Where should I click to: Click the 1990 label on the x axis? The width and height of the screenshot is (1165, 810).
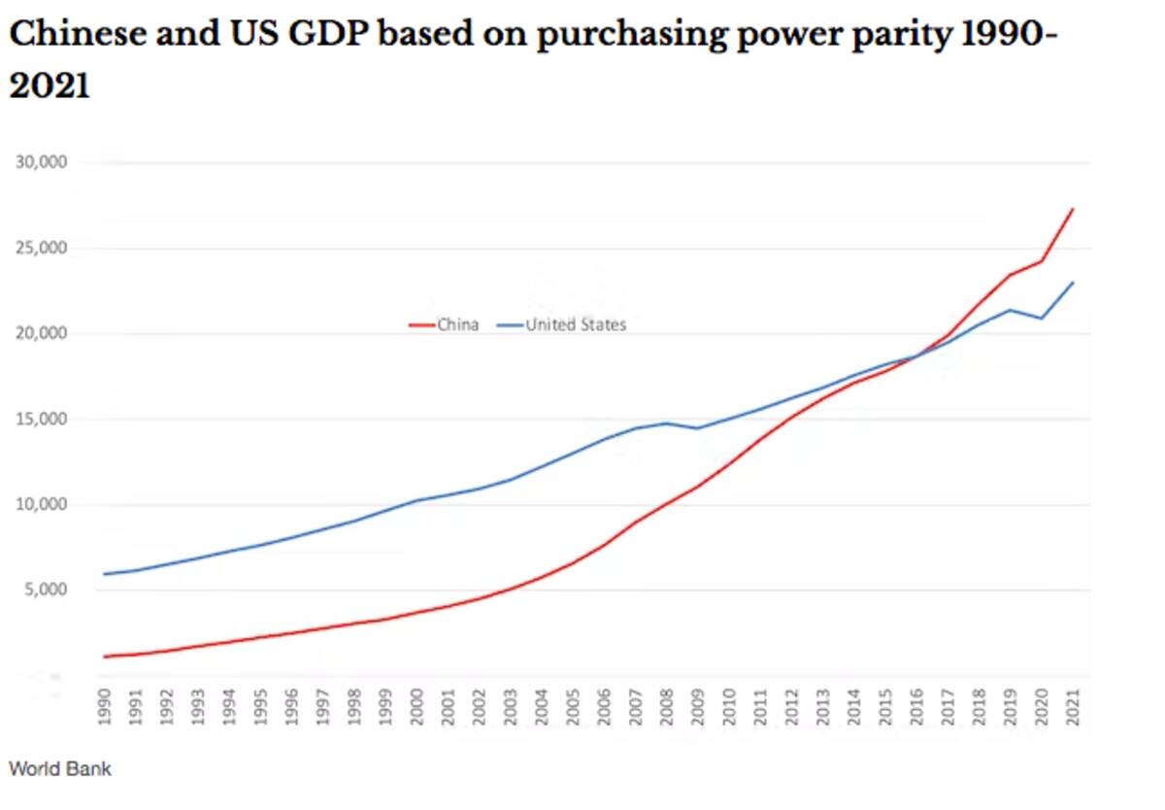pos(106,706)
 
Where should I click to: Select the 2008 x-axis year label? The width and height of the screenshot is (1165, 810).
pos(667,706)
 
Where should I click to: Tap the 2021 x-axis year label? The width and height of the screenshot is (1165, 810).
pos(1073,706)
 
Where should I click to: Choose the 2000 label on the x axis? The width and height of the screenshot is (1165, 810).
pos(417,706)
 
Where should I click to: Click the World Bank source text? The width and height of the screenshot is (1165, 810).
pos(60,769)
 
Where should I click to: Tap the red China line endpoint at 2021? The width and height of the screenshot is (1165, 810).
pos(1073,209)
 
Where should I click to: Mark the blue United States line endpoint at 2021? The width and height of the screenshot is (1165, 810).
pos(1073,283)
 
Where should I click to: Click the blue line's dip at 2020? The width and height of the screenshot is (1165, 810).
pos(1042,319)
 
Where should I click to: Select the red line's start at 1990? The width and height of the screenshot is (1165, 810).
pos(105,657)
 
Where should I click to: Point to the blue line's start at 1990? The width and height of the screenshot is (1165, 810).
pos(105,574)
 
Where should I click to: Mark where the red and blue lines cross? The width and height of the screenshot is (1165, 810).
pos(917,356)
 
